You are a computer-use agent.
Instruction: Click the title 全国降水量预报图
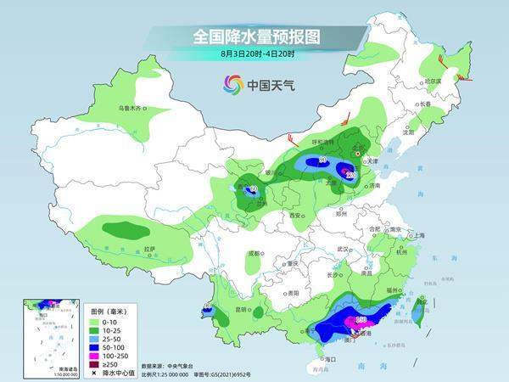(255, 37)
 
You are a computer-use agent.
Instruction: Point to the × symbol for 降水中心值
(93, 372)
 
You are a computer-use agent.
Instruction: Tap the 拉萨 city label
(149, 249)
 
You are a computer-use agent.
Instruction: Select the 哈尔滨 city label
(433, 81)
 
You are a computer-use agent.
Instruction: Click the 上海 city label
(417, 234)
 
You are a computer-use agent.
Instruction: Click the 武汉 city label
(344, 249)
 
